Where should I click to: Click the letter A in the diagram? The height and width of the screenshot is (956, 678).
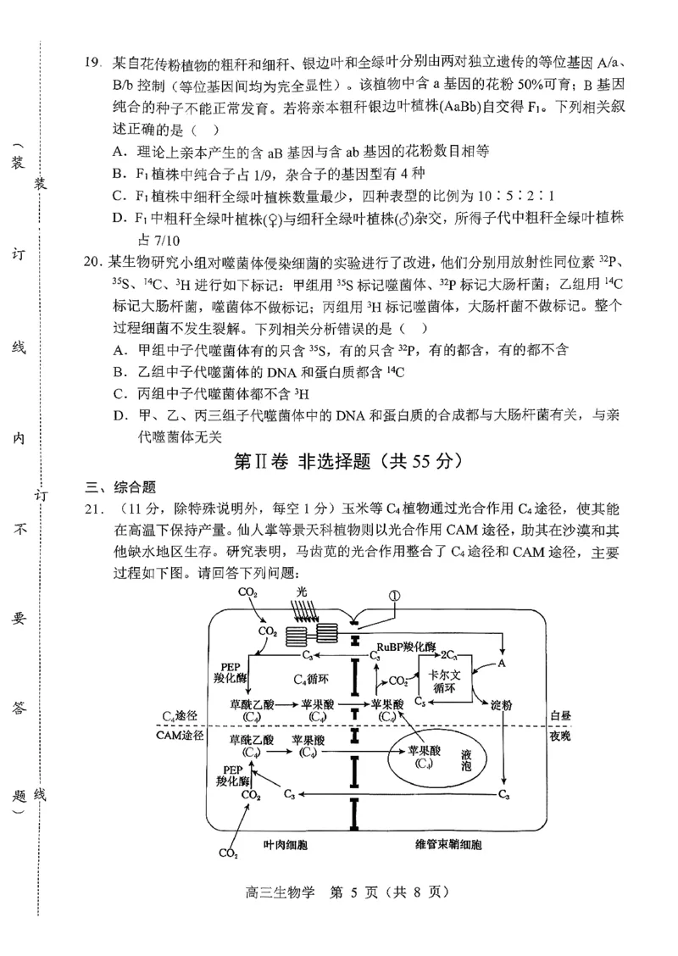[x=502, y=664]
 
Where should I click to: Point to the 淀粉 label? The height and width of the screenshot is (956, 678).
[x=502, y=705]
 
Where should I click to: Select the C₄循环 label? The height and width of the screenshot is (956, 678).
[x=310, y=679]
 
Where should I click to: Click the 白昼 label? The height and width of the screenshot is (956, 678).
[x=560, y=716]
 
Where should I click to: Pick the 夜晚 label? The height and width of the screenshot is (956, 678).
[x=560, y=736]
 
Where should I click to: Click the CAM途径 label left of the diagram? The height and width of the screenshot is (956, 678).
[x=180, y=736]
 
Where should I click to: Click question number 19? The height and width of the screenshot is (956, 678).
[x=92, y=62]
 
